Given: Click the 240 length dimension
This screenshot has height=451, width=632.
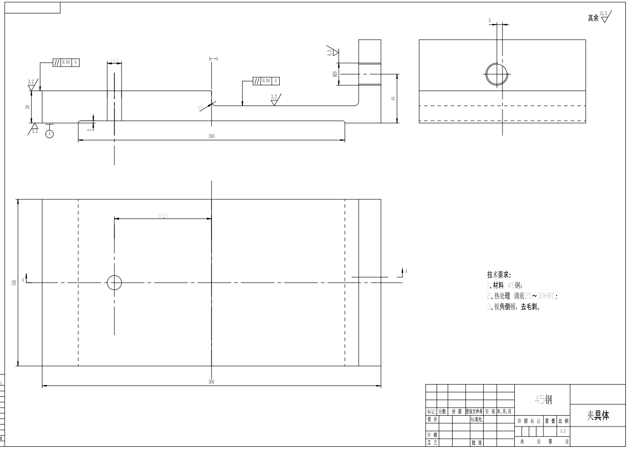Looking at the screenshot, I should tap(211, 136).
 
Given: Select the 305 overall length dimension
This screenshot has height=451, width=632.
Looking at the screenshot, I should tap(211, 382).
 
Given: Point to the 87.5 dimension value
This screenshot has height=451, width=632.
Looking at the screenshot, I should tap(163, 216).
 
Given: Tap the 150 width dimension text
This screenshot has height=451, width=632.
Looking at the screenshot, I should tap(14, 282).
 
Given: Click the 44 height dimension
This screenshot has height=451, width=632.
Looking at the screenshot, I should tap(393, 98).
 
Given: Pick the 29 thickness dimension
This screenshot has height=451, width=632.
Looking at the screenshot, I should tap(27, 107).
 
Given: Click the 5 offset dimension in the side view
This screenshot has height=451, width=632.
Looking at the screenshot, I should tap(490, 21).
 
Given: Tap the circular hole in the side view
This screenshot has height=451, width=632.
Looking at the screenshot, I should tap(497, 74).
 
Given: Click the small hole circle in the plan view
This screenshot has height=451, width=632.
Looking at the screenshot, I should tap(114, 283).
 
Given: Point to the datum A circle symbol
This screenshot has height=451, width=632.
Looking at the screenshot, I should tap(49, 134).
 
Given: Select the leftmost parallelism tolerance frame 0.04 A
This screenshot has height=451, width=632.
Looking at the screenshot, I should tap(66, 62).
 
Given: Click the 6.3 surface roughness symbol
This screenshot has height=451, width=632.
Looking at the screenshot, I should tap(332, 52).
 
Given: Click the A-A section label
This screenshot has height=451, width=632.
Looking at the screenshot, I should tap(213, 59).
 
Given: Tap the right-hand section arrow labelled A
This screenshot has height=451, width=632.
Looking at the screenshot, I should tap(403, 272).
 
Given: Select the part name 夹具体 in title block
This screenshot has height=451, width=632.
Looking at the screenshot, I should tap(598, 415).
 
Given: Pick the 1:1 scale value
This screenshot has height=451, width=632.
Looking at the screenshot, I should tap(563, 431).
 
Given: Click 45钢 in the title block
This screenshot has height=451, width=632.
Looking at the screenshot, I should tap(543, 400).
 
